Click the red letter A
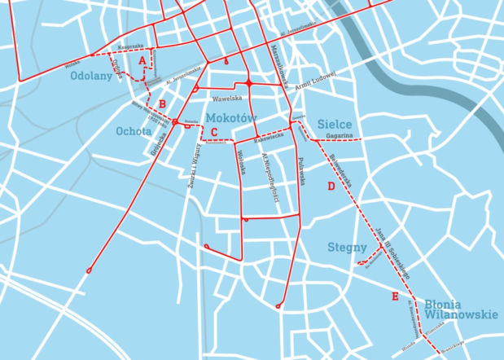point(142,60)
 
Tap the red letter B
point(163,103)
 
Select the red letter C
point(214,133)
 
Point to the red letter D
point(331,187)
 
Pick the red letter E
point(395,296)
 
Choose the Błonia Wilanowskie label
point(460,309)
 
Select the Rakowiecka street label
point(268,138)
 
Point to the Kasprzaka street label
point(131,46)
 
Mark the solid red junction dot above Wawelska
point(248,83)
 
